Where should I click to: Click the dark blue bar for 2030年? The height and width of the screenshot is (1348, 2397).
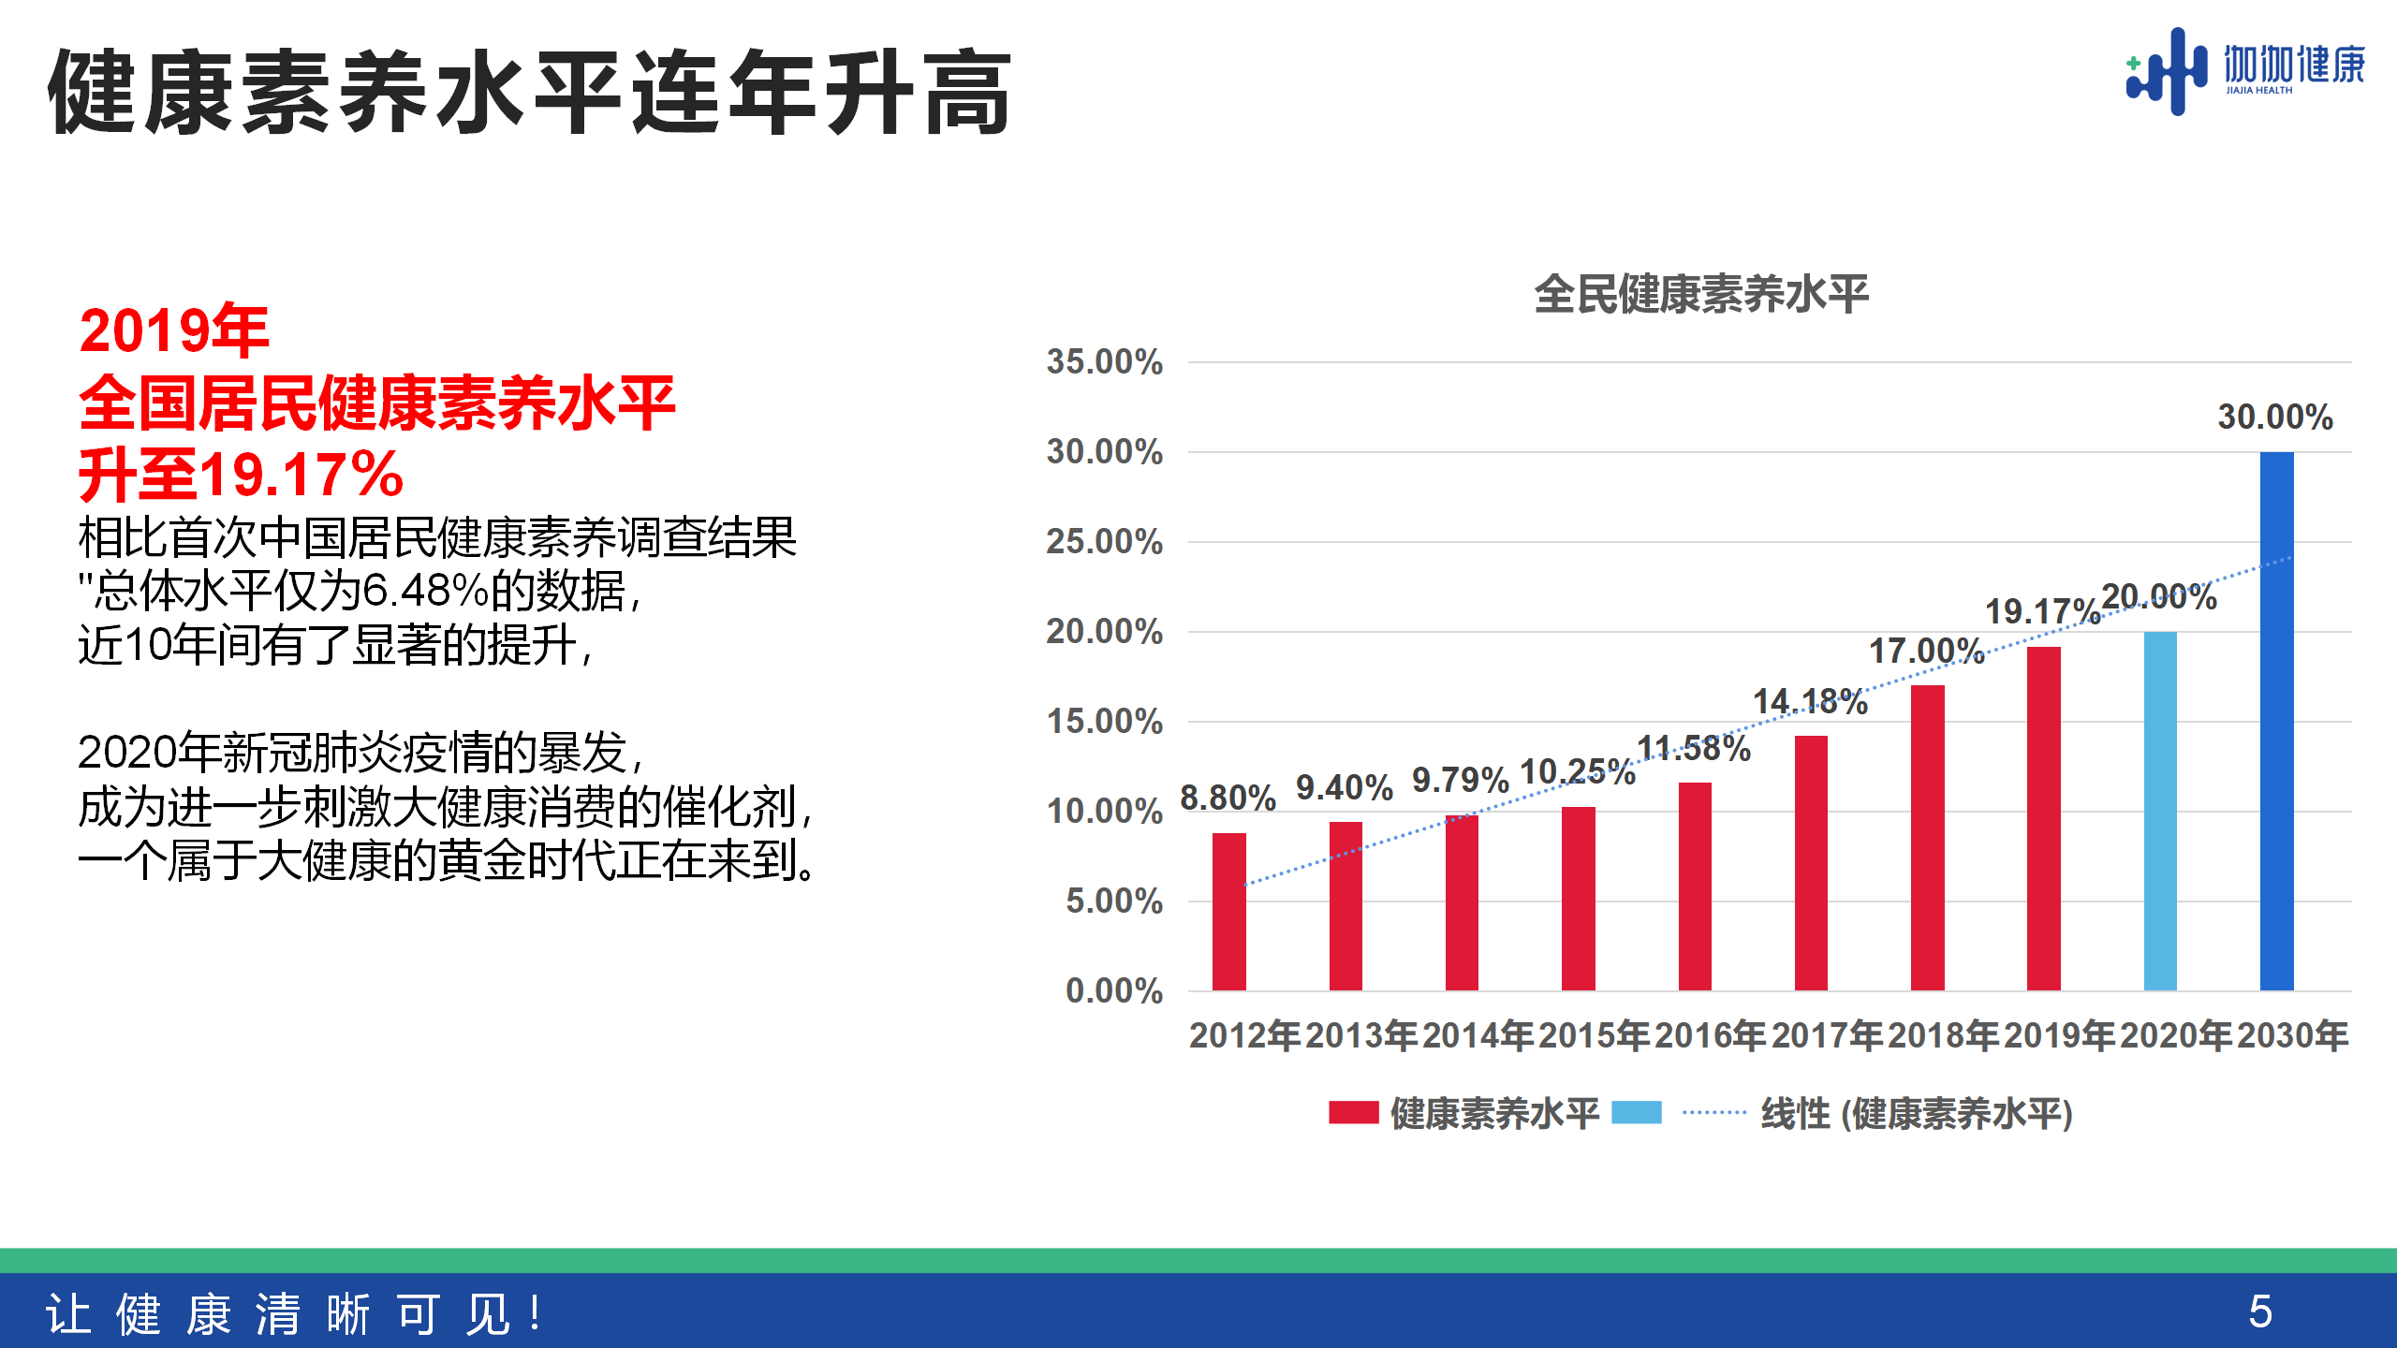2276,721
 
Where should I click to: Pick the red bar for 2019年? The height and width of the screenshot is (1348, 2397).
2043,818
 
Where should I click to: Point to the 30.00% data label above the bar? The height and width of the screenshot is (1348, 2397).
2275,418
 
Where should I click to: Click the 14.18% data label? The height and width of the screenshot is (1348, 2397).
1810,702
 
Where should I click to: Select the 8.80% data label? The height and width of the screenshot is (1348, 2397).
1228,799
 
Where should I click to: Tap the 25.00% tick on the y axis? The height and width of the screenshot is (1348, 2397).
1105,542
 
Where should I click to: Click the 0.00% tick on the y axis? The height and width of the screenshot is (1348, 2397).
1114,990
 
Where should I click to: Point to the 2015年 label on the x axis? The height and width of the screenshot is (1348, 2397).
1594,1035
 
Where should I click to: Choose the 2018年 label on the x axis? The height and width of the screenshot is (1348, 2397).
1943,1035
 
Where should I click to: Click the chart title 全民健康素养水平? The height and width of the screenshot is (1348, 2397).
1701,294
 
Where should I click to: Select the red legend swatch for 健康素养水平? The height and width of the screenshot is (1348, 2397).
1353,1113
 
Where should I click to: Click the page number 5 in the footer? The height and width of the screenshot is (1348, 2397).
2260,1311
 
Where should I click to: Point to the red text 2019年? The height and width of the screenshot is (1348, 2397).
174,330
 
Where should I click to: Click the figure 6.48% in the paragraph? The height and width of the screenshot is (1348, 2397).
425,591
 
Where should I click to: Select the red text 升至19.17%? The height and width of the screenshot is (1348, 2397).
241,475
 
